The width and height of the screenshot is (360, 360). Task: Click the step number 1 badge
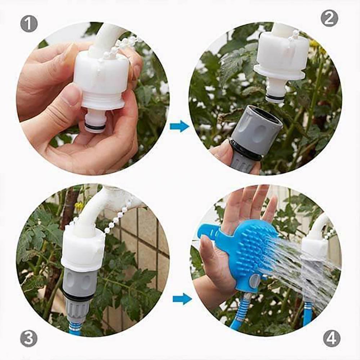click(29, 24)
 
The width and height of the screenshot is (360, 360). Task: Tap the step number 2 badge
click(329, 18)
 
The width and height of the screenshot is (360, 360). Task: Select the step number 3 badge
click(29, 338)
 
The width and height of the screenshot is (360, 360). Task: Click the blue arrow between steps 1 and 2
click(179, 126)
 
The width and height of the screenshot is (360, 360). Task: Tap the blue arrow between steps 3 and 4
click(182, 299)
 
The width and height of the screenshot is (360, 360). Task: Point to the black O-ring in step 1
click(95, 126)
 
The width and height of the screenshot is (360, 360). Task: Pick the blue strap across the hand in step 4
click(213, 232)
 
